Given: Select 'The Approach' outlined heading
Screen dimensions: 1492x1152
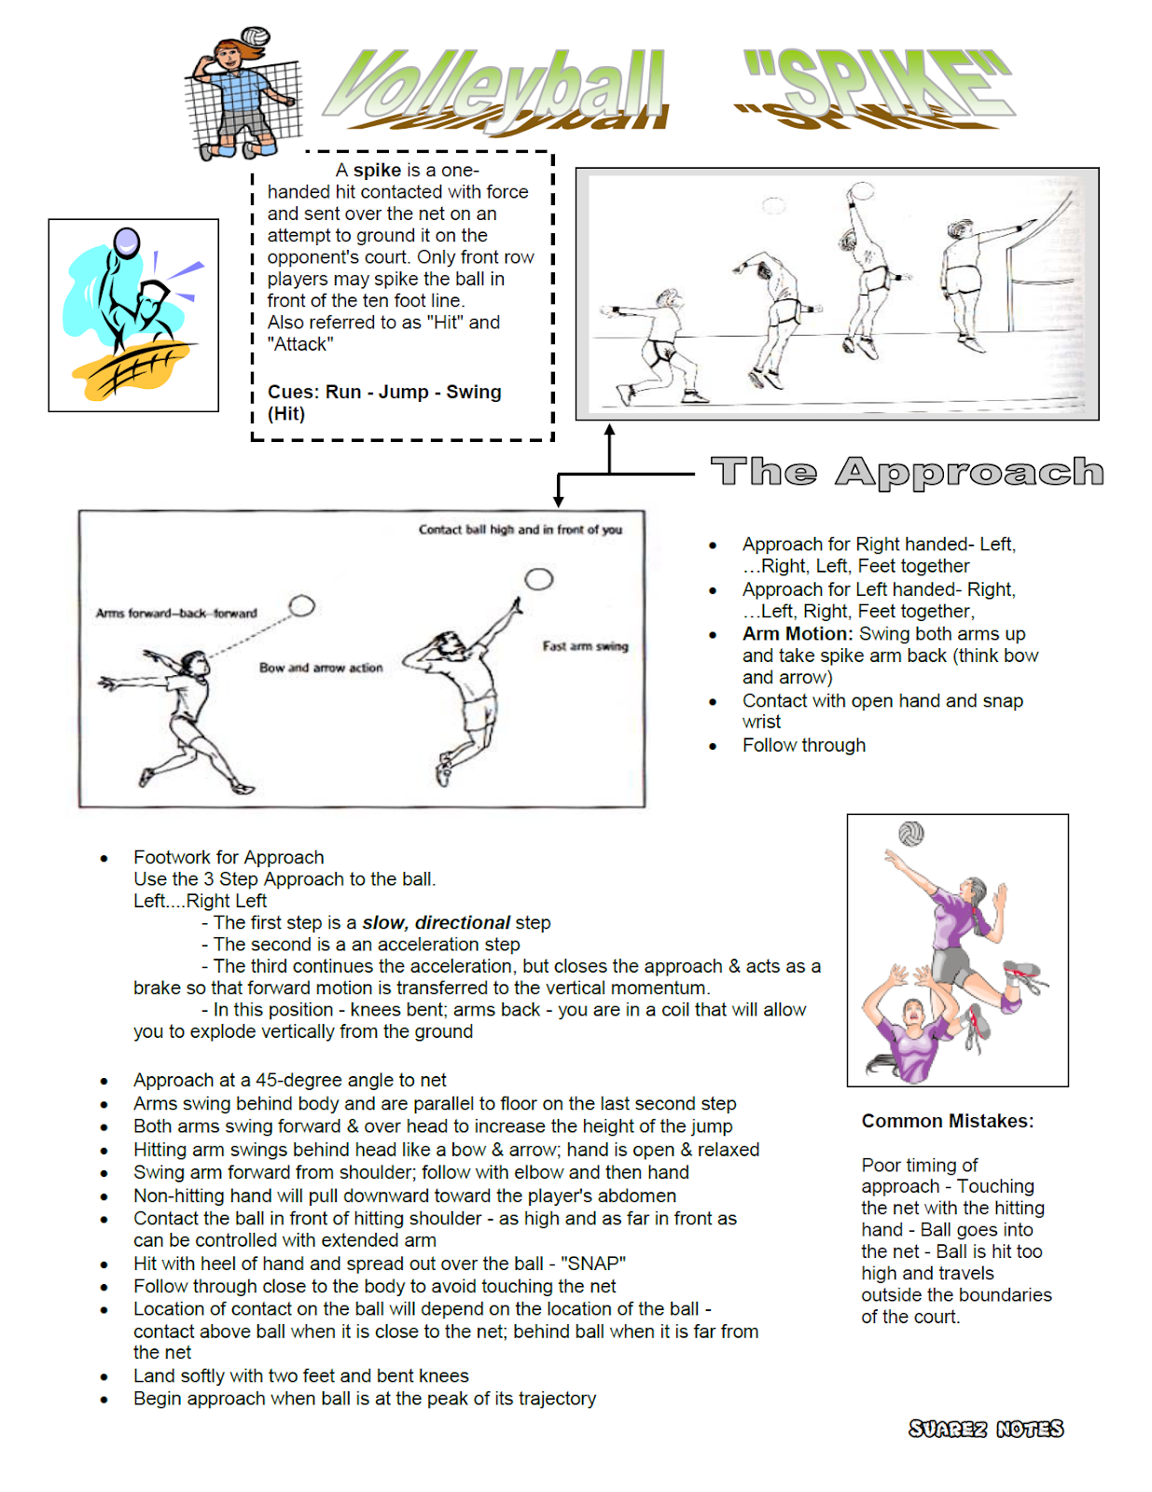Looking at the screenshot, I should (x=907, y=472).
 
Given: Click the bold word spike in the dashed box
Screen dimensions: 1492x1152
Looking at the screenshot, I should (x=377, y=170).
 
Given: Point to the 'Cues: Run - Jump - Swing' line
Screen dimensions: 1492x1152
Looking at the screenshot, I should (x=384, y=392).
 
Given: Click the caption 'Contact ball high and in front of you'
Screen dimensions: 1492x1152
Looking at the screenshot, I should (x=520, y=530).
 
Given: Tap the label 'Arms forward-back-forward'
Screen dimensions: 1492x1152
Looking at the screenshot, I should (x=176, y=614).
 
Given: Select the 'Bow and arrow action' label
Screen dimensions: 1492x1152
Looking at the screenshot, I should (x=321, y=668).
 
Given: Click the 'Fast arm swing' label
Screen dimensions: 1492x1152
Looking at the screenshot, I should (x=585, y=646).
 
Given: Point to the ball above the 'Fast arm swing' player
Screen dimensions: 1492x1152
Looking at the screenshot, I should (x=538, y=579).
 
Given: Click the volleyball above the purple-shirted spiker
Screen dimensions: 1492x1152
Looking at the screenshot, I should (x=910, y=833).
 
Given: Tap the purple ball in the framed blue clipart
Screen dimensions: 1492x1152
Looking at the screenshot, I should (x=126, y=242).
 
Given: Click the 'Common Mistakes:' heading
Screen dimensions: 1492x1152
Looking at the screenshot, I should (x=947, y=1121).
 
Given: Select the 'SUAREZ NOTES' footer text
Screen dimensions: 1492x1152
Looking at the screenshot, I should (x=985, y=1429).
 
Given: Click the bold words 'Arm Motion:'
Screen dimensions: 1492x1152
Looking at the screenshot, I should (x=798, y=634).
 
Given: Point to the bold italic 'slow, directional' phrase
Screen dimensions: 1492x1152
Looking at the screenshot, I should (x=436, y=922).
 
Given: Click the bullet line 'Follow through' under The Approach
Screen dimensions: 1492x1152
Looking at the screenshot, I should (x=803, y=745).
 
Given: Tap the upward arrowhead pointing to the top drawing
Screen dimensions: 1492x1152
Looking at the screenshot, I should (x=609, y=430).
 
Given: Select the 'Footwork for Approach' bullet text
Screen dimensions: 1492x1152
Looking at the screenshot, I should (x=229, y=857).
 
